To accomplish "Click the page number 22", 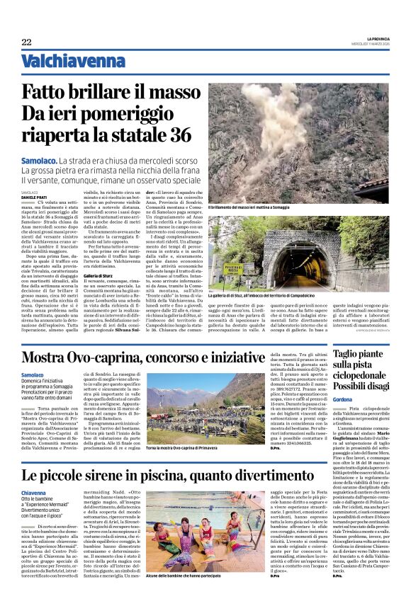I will (26, 42).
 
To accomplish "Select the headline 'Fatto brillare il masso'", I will (111, 93).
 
